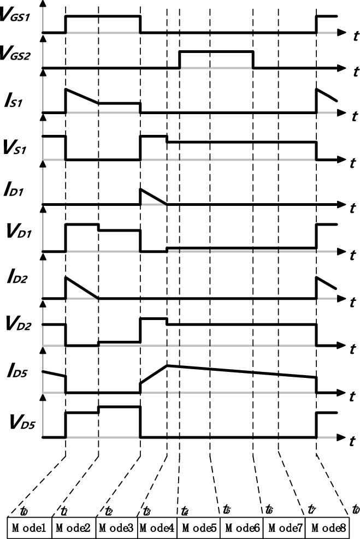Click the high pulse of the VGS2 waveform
(x=216, y=52)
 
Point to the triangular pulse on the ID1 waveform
(x=151, y=196)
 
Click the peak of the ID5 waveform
(x=167, y=365)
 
